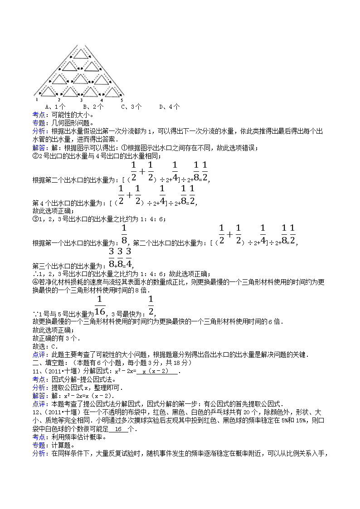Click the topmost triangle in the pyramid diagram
coord(82,53)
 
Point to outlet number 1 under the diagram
coord(36,99)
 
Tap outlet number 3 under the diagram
coord(81,100)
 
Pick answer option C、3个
coord(131,107)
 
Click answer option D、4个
coord(170,107)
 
